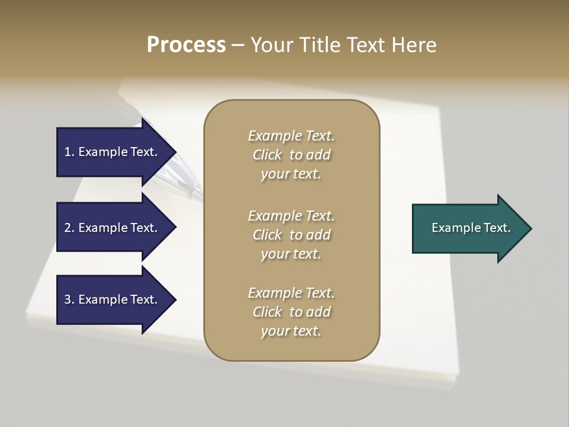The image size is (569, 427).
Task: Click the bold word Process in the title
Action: (186, 45)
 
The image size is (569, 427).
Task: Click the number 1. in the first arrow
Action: (69, 152)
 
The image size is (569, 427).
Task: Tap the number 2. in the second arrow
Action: (69, 228)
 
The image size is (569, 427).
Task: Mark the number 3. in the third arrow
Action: (69, 299)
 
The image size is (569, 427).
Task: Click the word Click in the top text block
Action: (267, 155)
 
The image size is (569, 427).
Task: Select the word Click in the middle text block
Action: (267, 235)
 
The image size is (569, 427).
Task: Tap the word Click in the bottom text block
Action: (267, 312)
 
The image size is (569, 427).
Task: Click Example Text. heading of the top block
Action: (291, 136)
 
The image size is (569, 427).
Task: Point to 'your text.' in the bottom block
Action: (291, 331)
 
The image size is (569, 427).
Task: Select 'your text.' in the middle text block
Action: (291, 254)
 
